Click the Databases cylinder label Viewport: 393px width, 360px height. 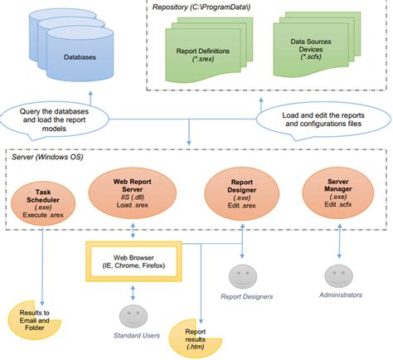80,58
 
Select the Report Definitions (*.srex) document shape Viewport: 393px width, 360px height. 203,55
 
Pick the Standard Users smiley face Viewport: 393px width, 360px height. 133,316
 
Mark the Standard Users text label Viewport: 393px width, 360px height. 137,335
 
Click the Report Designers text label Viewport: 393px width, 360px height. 246,295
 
